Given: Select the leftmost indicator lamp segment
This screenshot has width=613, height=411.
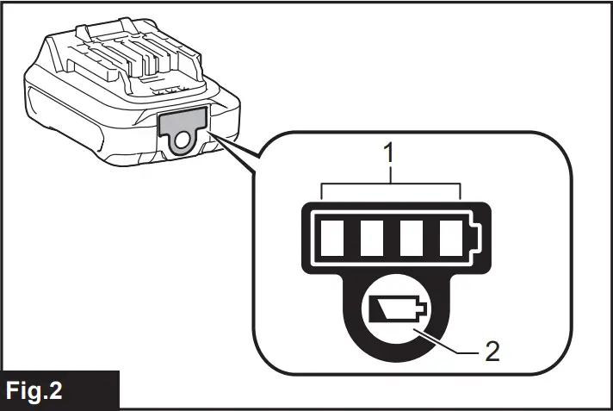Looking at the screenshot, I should coord(332,234).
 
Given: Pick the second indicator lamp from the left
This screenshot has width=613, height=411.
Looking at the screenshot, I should coord(372,234).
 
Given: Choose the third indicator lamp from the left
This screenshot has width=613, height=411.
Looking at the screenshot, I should coord(412,234).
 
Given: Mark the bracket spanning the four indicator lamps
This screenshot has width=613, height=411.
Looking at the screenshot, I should coord(392,184).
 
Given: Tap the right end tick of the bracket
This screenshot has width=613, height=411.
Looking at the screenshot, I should coord(461,190).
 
